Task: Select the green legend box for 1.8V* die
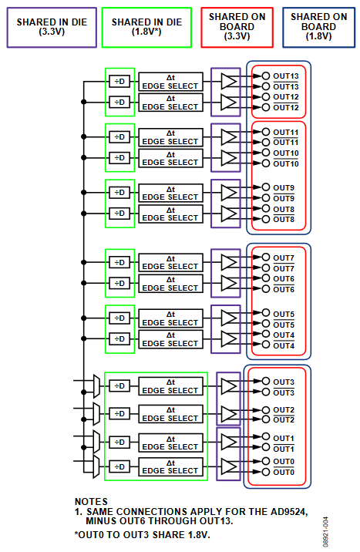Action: (x=146, y=28)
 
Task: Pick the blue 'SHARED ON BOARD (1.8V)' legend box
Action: (x=318, y=27)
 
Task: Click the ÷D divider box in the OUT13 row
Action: (x=119, y=81)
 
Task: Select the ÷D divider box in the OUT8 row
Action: (x=119, y=213)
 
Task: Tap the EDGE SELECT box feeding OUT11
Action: (x=170, y=136)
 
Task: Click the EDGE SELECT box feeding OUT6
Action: (x=170, y=283)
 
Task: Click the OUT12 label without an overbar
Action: (x=286, y=97)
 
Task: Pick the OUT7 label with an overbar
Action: (x=284, y=268)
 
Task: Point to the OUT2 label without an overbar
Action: (x=284, y=409)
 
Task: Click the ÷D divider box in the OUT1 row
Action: (x=119, y=442)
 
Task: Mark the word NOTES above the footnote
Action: (x=91, y=501)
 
